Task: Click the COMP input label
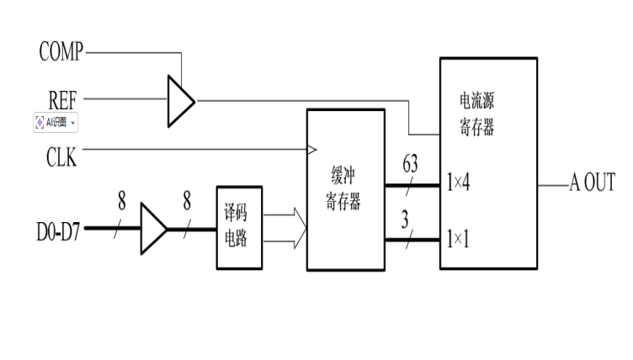click(61, 52)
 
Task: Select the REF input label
click(62, 98)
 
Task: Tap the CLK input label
click(61, 157)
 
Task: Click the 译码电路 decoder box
click(238, 227)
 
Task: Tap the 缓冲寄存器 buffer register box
click(345, 190)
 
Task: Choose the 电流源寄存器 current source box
click(488, 163)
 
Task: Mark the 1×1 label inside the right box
click(459, 239)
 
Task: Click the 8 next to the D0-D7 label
click(122, 201)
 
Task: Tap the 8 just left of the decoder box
click(187, 201)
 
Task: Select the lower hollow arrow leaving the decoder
click(286, 241)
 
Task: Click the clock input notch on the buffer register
click(311, 151)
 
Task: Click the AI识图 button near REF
click(56, 122)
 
